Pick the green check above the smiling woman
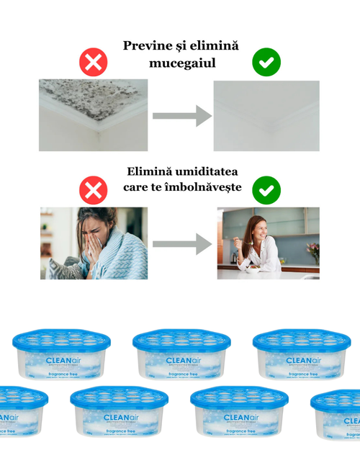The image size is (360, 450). tap(266, 191)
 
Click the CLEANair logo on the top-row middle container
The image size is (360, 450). tap(179, 361)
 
